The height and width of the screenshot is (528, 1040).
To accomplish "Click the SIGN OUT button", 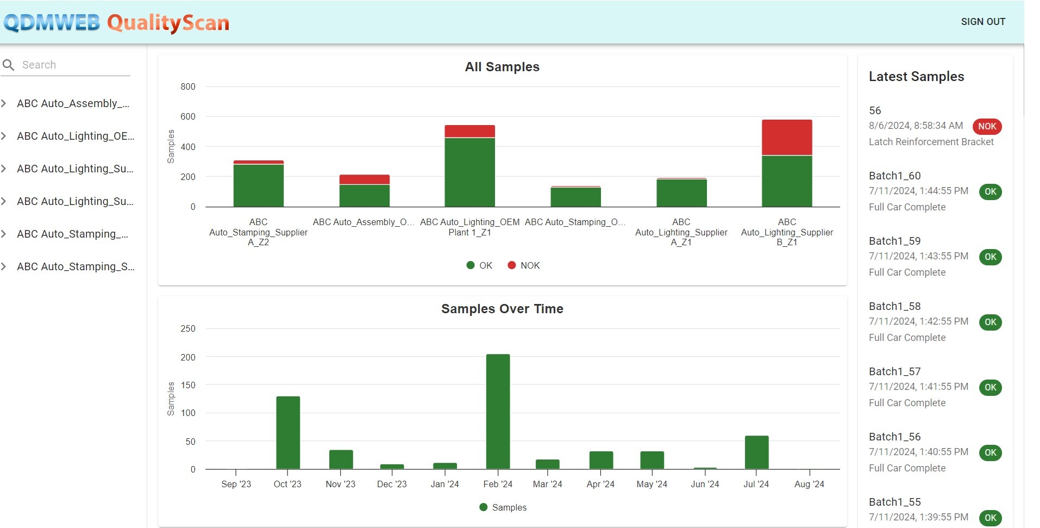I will pyautogui.click(x=982, y=22).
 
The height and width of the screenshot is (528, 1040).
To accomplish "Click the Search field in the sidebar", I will pyautogui.click(x=73, y=65).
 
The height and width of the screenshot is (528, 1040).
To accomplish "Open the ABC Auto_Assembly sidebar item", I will pyautogui.click(x=73, y=103).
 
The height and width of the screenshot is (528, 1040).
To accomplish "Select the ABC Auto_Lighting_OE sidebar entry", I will pyautogui.click(x=76, y=136).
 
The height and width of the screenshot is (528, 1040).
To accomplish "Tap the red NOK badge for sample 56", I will pyautogui.click(x=987, y=126).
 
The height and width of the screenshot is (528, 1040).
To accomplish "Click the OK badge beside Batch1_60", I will pyautogui.click(x=990, y=191).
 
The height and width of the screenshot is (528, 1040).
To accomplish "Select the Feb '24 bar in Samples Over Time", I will pyautogui.click(x=498, y=411).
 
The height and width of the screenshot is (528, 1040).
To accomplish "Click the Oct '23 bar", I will pyautogui.click(x=288, y=432).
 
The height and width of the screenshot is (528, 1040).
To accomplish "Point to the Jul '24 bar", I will pyautogui.click(x=756, y=452).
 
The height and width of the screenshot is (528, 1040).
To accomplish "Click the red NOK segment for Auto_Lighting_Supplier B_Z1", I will pyautogui.click(x=786, y=137).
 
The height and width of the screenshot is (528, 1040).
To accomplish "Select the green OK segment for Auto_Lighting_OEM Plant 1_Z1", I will pyautogui.click(x=469, y=172).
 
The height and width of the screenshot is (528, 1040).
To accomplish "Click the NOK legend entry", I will pyautogui.click(x=524, y=265).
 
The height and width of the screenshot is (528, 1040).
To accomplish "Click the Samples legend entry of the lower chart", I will pyautogui.click(x=503, y=507).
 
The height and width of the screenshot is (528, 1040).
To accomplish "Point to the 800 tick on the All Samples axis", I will pyautogui.click(x=188, y=86).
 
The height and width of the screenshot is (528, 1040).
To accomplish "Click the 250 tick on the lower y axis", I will pyautogui.click(x=188, y=328).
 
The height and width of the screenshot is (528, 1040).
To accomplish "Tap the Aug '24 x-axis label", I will pyautogui.click(x=809, y=484).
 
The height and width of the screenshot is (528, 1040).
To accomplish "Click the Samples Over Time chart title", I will pyautogui.click(x=502, y=309).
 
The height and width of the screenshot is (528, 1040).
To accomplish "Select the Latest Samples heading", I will pyautogui.click(x=916, y=77).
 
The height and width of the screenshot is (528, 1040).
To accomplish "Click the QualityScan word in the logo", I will pyautogui.click(x=168, y=23).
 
